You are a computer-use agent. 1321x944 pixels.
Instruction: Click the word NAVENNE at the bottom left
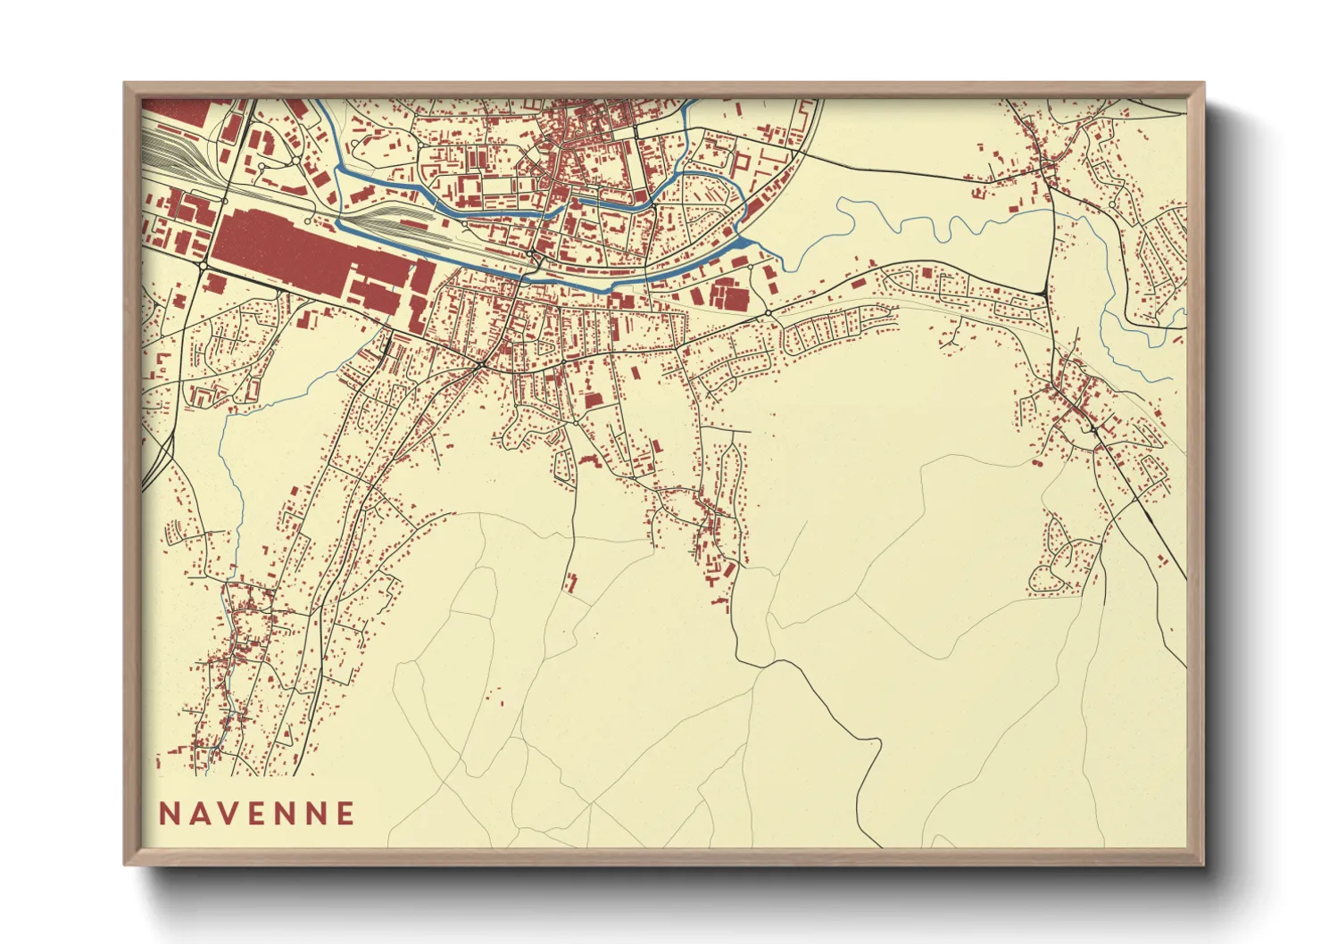point(257,813)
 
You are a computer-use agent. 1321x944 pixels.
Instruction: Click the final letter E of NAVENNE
point(345,813)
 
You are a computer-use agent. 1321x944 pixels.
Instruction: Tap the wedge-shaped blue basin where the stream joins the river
point(743,240)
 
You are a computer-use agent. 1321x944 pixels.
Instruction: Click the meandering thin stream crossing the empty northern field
point(928,220)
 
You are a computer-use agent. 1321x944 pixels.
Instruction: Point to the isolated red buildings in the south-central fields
point(569,583)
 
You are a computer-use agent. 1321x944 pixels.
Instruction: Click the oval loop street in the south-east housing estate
point(1062,562)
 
